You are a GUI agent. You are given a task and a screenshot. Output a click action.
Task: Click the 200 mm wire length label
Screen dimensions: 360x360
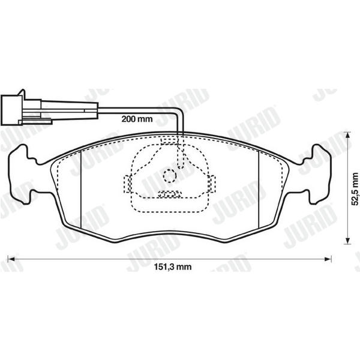click(137, 119)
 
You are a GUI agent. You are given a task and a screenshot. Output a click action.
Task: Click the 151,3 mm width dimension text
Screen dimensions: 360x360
click(172, 266)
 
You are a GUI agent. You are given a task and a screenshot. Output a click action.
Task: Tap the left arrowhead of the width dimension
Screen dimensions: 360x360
click(11, 259)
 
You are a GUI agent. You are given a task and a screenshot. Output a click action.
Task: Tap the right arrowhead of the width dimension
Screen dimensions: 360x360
click(328, 259)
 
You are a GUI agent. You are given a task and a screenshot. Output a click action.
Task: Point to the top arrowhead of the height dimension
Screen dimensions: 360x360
click(348, 136)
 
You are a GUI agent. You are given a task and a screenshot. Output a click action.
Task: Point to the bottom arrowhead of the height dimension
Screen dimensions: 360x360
click(348, 241)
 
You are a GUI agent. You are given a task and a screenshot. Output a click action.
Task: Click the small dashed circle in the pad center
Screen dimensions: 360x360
click(170, 176)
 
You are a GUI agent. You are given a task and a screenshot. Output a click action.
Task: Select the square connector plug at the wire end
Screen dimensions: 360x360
click(11, 110)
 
